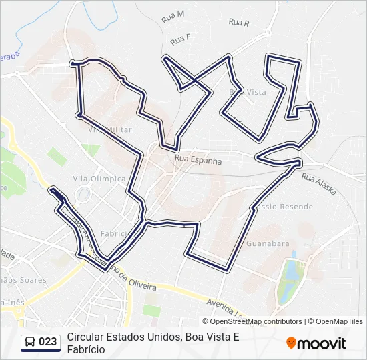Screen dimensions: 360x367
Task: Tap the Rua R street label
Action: (238, 22)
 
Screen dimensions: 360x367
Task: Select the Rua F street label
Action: (180, 39)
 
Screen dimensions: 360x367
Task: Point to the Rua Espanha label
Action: (197, 161)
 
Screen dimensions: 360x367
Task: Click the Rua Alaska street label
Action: (318, 185)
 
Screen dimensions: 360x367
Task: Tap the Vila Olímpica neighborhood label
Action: (99, 179)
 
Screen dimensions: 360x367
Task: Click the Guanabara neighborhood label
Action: (268, 244)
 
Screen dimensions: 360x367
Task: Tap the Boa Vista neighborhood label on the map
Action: (248, 91)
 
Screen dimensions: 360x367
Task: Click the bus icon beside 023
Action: (30, 342)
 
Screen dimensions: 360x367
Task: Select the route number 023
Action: (48, 342)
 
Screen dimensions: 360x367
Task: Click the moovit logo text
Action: (322, 343)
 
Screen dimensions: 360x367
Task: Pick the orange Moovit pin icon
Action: (291, 343)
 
